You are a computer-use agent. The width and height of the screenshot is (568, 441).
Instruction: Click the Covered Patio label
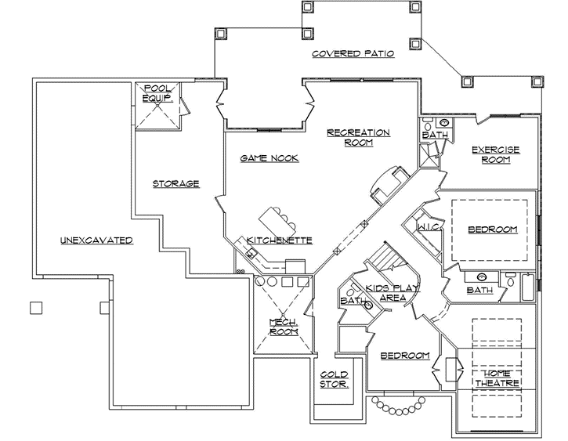pyautogui.click(x=352, y=54)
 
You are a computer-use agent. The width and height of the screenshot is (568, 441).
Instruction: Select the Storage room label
pyautogui.click(x=175, y=184)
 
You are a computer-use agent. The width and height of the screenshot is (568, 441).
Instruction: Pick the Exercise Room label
pyautogui.click(x=496, y=154)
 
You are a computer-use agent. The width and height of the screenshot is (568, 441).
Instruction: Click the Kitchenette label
pyautogui.click(x=280, y=240)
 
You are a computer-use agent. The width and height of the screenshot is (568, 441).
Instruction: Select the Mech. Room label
pyautogui.click(x=284, y=327)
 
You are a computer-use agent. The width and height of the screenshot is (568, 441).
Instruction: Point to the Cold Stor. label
pyautogui.click(x=335, y=380)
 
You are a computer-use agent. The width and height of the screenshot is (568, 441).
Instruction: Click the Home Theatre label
pyautogui.click(x=497, y=378)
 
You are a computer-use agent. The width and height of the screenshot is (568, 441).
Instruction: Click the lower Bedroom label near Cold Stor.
pyautogui.click(x=405, y=356)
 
